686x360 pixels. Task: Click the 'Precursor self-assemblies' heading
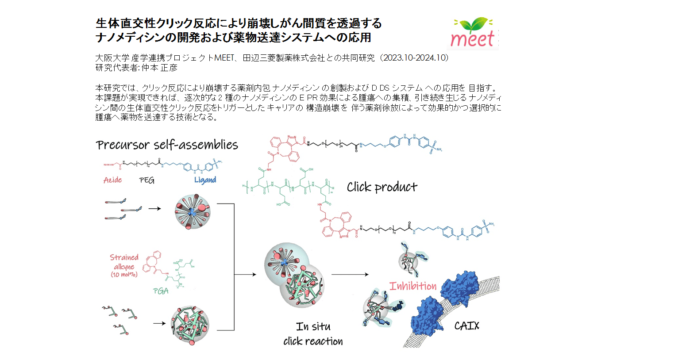pyautogui.click(x=167, y=145)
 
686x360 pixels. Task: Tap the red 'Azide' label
pyautogui.click(x=112, y=180)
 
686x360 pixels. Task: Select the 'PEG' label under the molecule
pyautogui.click(x=146, y=180)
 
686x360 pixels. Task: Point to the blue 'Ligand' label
pyautogui.click(x=205, y=180)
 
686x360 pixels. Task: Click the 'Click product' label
pyautogui.click(x=382, y=188)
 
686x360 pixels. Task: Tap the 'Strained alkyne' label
pyautogui.click(x=124, y=262)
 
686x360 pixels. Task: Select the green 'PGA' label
pyautogui.click(x=161, y=291)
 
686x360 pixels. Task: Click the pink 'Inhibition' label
pyautogui.click(x=412, y=286)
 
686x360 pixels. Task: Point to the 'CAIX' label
pyautogui.click(x=466, y=326)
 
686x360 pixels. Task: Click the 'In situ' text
pyautogui.click(x=313, y=327)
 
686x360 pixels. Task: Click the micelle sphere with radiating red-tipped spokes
pyautogui.click(x=192, y=211)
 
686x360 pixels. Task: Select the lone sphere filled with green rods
pyautogui.click(x=190, y=325)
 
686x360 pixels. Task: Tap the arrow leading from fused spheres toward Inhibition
pyautogui.click(x=350, y=275)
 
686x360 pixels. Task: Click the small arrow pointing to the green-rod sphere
pyautogui.click(x=159, y=323)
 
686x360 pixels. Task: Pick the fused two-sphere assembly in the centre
pyautogui.click(x=294, y=276)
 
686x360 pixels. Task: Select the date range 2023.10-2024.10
pyautogui.click(x=416, y=58)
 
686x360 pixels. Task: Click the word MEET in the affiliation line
pyautogui.click(x=224, y=58)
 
